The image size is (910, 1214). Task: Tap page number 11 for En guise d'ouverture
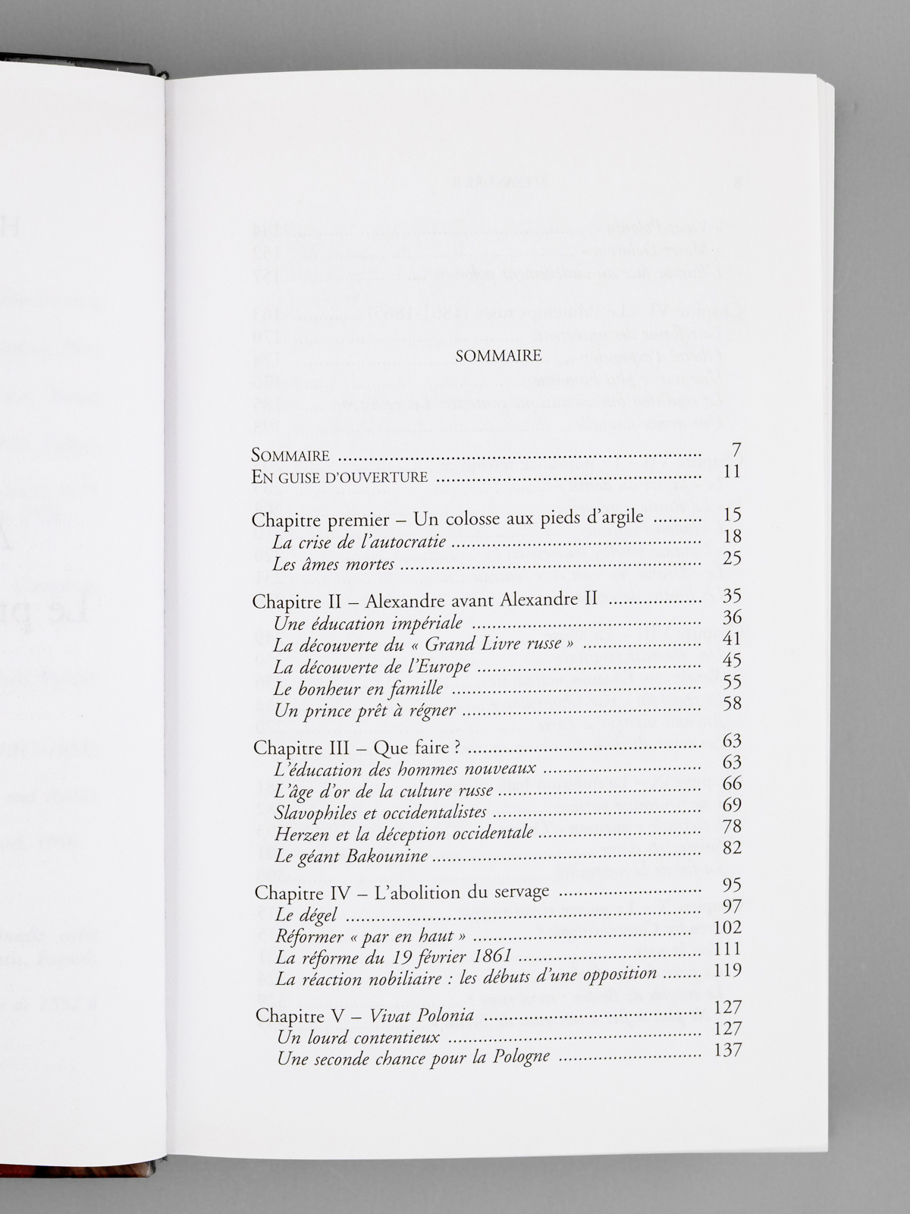click(732, 472)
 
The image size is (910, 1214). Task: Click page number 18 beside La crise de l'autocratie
click(732, 536)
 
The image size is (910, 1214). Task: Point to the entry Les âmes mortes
click(334, 564)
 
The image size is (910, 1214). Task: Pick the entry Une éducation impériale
click(369, 624)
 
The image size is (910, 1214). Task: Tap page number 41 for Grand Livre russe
click(732, 639)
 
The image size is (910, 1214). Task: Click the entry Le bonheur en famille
click(359, 689)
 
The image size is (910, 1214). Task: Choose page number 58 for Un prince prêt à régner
click(732, 703)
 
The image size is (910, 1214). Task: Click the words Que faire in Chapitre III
click(418, 748)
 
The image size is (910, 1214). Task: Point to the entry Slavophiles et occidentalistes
click(381, 813)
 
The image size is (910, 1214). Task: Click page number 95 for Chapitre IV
click(732, 885)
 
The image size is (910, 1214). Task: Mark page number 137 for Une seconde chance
click(728, 1051)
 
